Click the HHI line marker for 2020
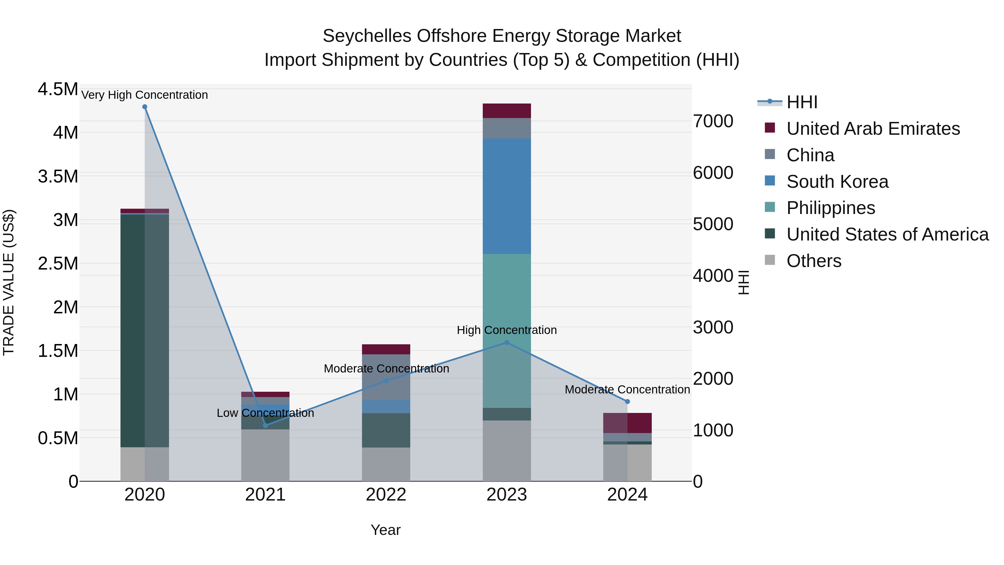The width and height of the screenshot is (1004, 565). click(x=144, y=107)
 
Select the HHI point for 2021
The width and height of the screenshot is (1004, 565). click(x=266, y=425)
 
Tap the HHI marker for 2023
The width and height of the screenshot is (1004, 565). click(x=507, y=343)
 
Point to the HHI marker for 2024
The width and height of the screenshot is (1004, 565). click(x=627, y=401)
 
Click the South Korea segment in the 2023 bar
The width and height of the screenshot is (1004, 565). click(x=507, y=196)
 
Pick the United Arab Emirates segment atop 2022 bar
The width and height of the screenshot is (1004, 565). click(x=386, y=349)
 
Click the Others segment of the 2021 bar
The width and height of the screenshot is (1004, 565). click(x=266, y=455)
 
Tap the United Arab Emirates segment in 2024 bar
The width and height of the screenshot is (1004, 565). click(x=627, y=423)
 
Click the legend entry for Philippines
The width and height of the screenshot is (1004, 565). click(x=830, y=208)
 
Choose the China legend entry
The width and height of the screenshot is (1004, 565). click(x=810, y=155)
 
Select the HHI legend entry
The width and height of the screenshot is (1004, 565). click(x=801, y=102)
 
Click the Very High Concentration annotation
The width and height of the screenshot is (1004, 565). click(x=144, y=95)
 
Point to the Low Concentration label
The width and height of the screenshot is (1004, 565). click(x=266, y=413)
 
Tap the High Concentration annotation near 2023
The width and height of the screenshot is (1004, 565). click(x=507, y=330)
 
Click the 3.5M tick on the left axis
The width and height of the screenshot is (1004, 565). click(x=58, y=177)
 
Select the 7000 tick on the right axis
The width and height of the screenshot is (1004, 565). click(x=713, y=121)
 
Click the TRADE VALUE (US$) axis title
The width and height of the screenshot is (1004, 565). click(x=9, y=282)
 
